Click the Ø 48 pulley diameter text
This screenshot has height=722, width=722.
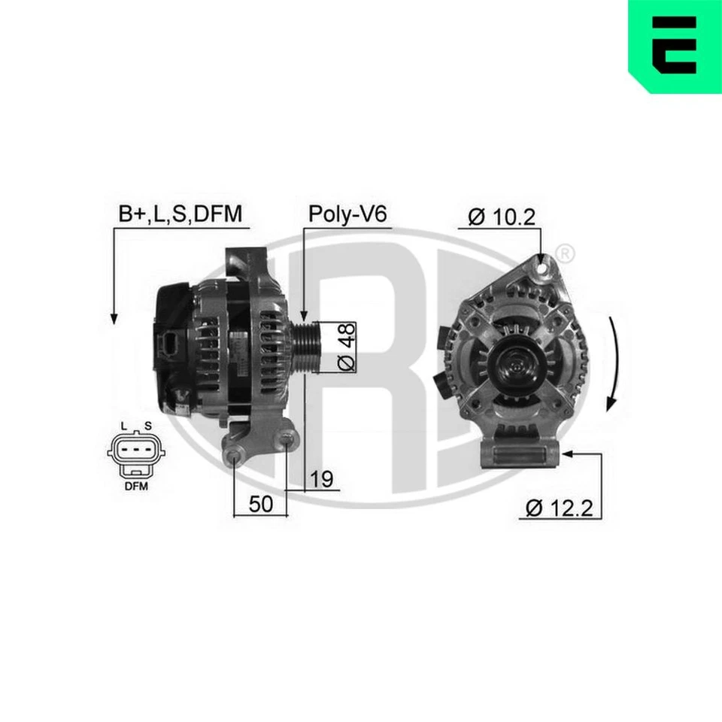[345, 347]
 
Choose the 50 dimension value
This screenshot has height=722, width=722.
[260, 504]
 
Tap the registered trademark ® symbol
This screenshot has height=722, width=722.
[566, 253]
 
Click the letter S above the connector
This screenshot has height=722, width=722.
[148, 426]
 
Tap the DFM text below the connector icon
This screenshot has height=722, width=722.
[136, 486]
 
